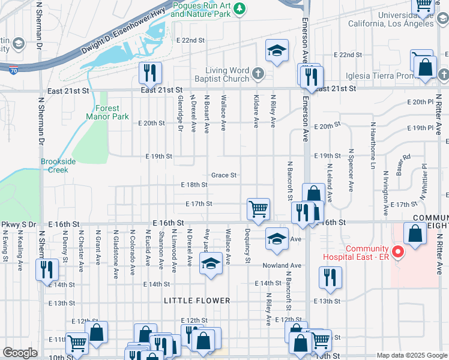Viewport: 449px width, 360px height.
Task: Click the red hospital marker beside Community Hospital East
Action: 396,250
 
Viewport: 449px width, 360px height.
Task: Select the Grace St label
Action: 224,175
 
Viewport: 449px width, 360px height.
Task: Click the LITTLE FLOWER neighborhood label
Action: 197,301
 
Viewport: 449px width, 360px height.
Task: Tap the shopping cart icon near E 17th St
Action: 258,209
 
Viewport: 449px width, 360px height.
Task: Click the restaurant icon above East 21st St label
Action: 148,73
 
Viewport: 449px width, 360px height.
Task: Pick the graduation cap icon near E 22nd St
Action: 277,50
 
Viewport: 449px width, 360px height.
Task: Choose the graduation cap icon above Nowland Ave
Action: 277,239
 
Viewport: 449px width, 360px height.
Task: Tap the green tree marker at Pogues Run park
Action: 240,8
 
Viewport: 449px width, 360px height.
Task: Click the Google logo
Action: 20,353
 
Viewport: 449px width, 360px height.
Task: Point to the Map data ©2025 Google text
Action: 411,355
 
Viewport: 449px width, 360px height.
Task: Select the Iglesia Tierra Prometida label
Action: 382,76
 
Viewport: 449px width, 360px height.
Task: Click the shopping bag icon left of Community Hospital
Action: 415,233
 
